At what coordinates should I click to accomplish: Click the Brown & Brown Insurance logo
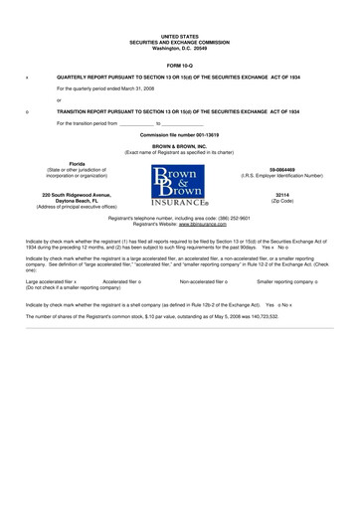(x=179, y=186)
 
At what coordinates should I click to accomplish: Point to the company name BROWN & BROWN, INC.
(x=179, y=145)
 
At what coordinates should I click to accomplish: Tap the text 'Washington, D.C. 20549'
(x=179, y=48)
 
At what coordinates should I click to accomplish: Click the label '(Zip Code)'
(x=281, y=202)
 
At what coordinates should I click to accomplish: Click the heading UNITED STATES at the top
(x=179, y=36)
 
